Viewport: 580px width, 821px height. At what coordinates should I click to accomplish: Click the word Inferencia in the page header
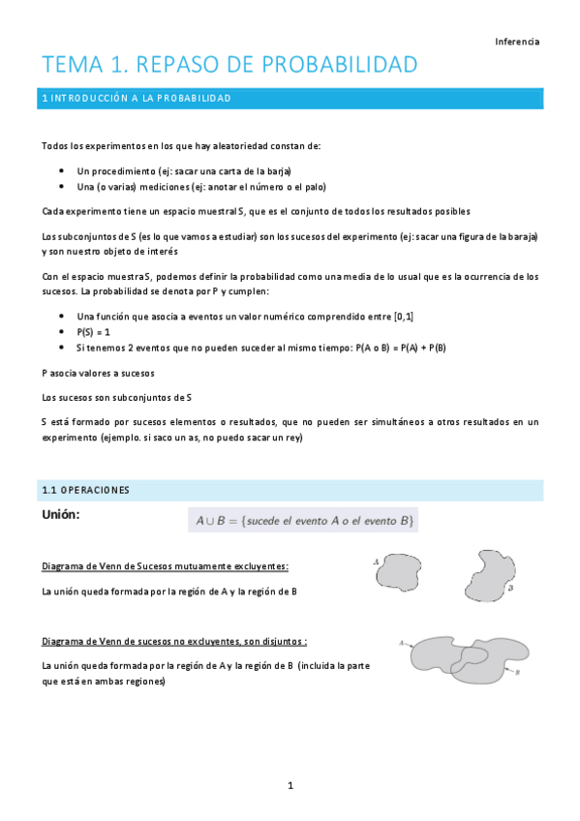(517, 42)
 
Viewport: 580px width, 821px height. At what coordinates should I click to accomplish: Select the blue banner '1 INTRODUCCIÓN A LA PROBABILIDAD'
(290, 99)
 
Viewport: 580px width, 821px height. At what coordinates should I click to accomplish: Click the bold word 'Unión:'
(60, 515)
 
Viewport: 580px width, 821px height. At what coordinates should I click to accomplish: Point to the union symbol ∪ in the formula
(210, 521)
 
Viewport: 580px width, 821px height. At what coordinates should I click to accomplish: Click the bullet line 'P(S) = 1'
(94, 331)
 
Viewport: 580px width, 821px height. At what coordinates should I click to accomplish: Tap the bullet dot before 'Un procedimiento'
(62, 171)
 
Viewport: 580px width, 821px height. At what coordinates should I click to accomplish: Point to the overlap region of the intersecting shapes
(473, 656)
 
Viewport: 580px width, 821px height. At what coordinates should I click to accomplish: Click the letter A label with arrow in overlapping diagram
(401, 642)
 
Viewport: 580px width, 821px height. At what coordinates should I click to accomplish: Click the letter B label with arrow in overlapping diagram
(518, 672)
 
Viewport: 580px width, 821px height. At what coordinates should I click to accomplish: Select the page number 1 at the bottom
(290, 785)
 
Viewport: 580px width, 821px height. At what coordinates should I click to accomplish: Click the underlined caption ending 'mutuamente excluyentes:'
(166, 565)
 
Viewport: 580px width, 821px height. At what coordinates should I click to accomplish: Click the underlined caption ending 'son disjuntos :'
(175, 641)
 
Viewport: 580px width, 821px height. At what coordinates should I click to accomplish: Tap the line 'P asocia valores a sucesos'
(98, 373)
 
